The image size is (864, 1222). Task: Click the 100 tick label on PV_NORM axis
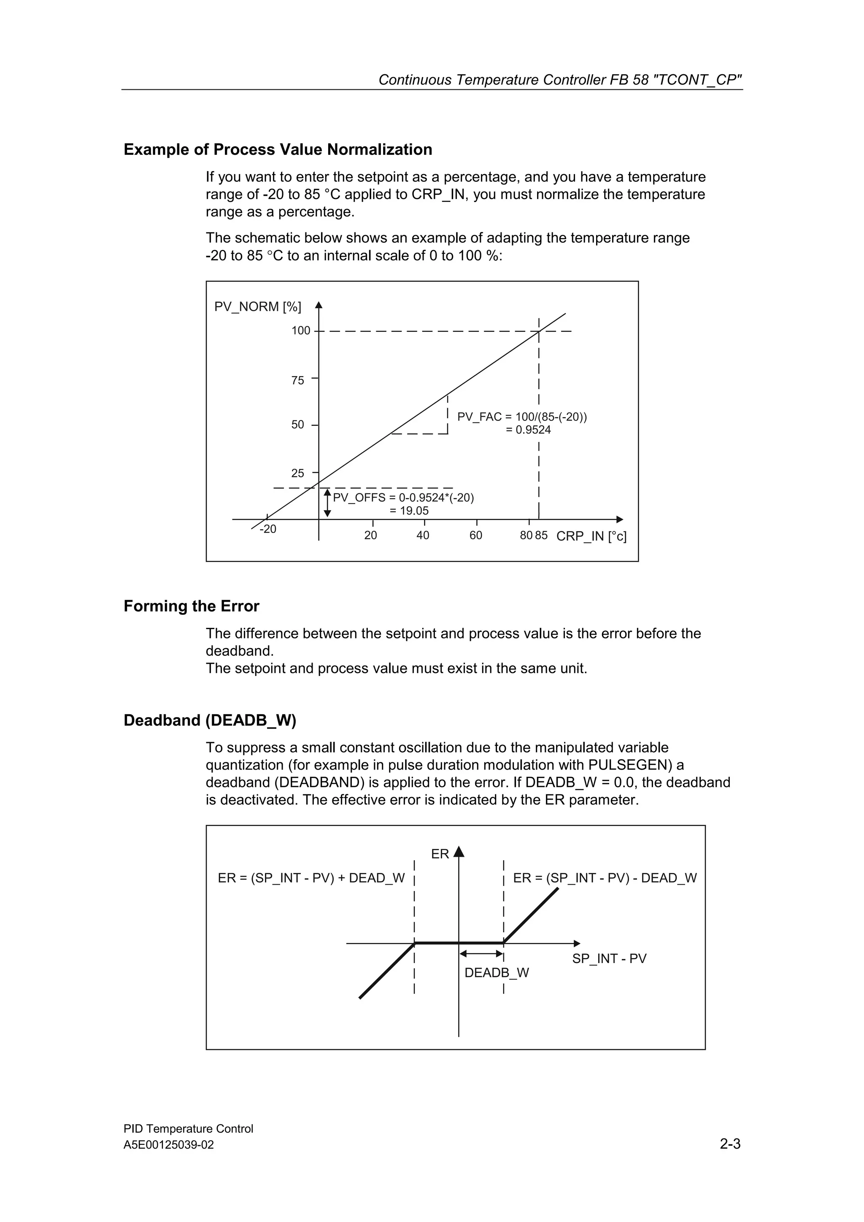click(x=300, y=331)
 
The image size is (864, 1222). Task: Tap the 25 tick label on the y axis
click(x=297, y=473)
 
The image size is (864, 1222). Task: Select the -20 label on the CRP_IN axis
click(x=268, y=529)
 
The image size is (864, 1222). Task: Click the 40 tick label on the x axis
click(x=423, y=536)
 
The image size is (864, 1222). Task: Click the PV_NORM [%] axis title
click(x=258, y=307)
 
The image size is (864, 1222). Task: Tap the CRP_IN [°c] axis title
click(x=591, y=536)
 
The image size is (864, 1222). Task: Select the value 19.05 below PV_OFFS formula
click(x=409, y=511)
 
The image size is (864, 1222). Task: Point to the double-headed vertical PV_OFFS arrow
click(x=327, y=503)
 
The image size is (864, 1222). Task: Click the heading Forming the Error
click(x=191, y=606)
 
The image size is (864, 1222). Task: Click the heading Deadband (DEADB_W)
click(x=210, y=720)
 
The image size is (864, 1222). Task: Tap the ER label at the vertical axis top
click(x=440, y=854)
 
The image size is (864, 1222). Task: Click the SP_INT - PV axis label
click(x=609, y=958)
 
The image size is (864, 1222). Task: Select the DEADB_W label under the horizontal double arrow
click(x=496, y=973)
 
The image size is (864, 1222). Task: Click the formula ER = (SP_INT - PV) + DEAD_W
click(x=311, y=878)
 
